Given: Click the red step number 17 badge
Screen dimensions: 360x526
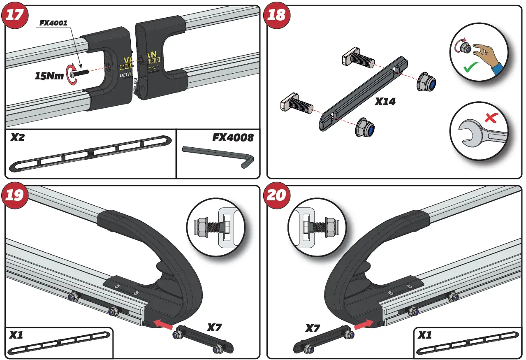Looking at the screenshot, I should click(15, 15).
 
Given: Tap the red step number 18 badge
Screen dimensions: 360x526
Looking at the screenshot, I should click(277, 15).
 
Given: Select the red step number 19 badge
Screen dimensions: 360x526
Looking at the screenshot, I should click(15, 195).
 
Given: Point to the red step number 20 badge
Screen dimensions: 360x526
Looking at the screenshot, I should click(277, 195).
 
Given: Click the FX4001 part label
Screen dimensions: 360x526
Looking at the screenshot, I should click(53, 23).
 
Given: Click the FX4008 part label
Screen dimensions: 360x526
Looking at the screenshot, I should click(233, 137).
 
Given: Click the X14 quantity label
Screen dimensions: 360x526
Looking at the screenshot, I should click(385, 102).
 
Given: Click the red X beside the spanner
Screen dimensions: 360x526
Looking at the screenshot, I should click(490, 118).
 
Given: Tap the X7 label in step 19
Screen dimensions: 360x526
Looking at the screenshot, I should click(214, 328).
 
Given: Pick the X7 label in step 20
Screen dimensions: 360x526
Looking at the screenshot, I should click(313, 328).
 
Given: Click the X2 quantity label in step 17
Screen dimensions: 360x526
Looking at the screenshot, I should click(17, 137).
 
